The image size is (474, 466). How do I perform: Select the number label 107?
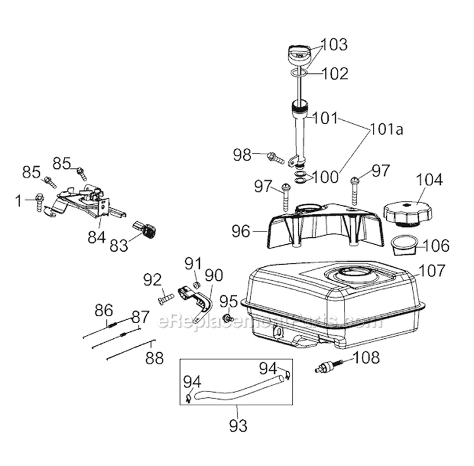click(x=432, y=271)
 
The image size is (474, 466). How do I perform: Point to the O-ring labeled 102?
click(x=300, y=75)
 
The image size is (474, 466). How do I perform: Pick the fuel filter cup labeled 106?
click(x=405, y=244)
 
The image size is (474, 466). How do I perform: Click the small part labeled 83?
click(x=145, y=230)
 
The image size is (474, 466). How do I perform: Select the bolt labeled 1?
click(x=39, y=201)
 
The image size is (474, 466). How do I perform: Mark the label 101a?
click(x=386, y=131)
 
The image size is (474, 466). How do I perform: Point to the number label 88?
click(x=154, y=359)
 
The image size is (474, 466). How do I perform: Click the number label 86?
click(x=103, y=310)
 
